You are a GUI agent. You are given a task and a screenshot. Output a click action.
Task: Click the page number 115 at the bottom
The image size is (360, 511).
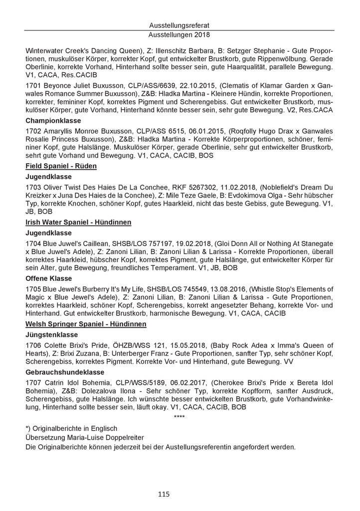[x=164, y=494]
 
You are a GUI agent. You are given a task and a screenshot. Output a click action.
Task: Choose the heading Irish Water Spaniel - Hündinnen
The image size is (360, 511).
[x=82, y=222]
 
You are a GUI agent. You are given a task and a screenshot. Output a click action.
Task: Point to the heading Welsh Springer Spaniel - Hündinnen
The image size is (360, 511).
[x=86, y=324]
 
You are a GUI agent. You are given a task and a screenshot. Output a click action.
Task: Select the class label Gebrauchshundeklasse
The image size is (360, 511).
[x=65, y=372]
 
